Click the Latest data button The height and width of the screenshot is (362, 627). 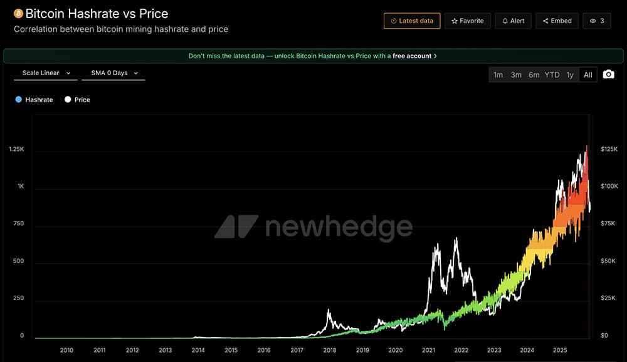(x=412, y=21)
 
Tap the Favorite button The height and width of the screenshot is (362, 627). (x=468, y=21)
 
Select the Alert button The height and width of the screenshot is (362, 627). (x=513, y=21)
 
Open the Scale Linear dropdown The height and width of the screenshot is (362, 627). (x=46, y=73)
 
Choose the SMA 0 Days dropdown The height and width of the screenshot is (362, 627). (x=113, y=73)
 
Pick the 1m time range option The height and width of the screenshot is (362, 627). (x=498, y=75)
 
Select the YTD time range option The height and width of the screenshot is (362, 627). (x=552, y=75)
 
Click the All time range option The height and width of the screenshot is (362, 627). (x=587, y=75)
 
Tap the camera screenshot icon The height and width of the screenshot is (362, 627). (x=608, y=75)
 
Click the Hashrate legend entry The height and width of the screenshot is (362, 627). (x=34, y=100)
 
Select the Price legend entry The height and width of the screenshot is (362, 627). (x=78, y=100)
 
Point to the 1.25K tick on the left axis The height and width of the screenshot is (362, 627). (x=16, y=149)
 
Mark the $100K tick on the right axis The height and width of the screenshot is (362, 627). (x=609, y=187)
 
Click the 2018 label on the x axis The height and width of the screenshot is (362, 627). (x=330, y=350)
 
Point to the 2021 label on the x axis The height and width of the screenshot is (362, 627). (x=429, y=350)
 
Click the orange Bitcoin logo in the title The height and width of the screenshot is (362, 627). (x=18, y=13)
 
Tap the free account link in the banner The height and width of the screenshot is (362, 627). (x=412, y=56)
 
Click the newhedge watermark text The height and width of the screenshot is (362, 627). (x=339, y=227)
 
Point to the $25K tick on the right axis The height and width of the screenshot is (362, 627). (x=608, y=298)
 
